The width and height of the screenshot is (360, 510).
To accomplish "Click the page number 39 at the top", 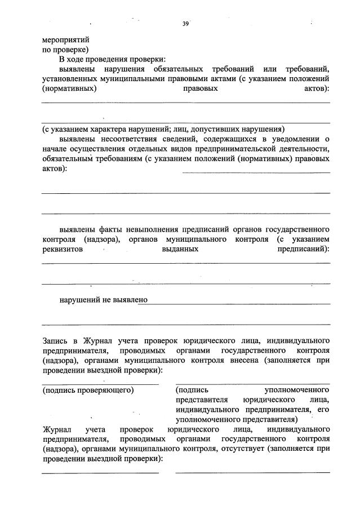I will [x=185, y=23].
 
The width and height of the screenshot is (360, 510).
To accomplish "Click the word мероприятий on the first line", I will [x=65, y=40].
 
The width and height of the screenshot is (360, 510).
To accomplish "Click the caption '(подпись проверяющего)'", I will [x=88, y=389].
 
